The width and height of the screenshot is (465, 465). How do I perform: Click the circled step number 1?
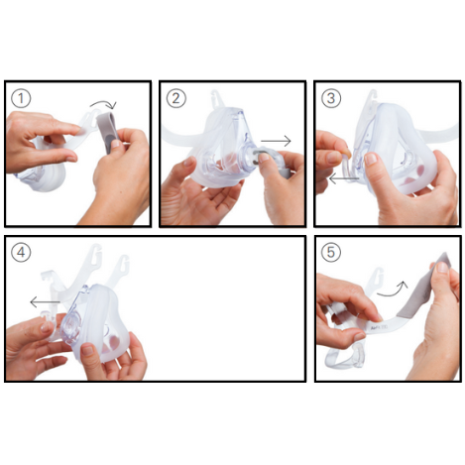point(21,98)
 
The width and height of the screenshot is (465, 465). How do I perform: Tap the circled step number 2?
point(175,98)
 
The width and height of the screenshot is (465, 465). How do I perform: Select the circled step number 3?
point(331,98)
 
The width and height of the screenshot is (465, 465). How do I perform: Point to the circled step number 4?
point(21,252)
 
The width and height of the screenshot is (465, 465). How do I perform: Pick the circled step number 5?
point(331,252)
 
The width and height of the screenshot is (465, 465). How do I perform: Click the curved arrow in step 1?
point(104,103)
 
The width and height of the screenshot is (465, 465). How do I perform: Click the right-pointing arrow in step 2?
point(276,141)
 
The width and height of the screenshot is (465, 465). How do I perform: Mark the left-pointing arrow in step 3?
point(344,179)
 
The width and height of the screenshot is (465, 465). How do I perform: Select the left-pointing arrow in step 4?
point(45,301)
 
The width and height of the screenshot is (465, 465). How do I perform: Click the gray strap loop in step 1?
point(108,132)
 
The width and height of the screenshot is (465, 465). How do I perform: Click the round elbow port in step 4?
point(71,328)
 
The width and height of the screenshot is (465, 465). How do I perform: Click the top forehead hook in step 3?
point(372,98)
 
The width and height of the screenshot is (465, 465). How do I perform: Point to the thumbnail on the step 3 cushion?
point(371,160)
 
